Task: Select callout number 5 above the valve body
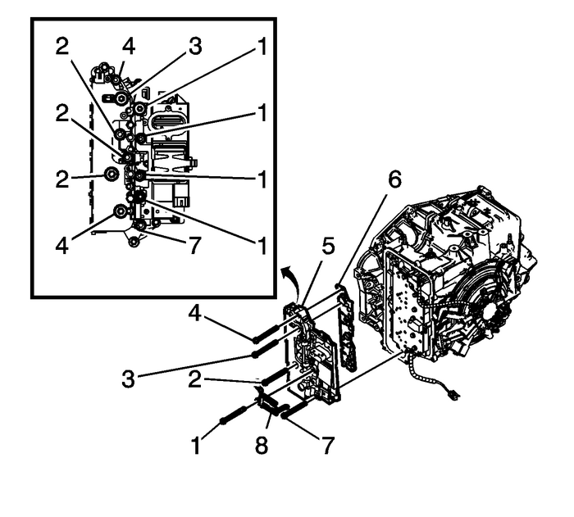327,247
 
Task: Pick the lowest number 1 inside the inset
262,245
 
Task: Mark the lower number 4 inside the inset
62,245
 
